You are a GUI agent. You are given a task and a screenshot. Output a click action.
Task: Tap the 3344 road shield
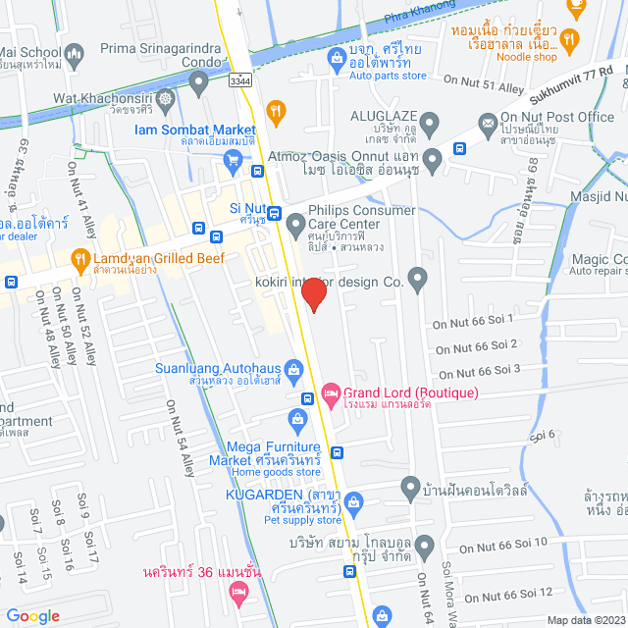coord(239,80)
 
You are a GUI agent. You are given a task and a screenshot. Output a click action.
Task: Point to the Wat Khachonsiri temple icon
coord(168,98)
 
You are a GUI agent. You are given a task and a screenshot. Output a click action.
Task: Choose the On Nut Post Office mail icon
coord(486,123)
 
